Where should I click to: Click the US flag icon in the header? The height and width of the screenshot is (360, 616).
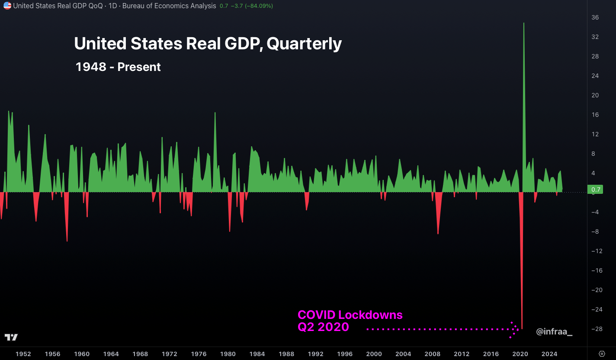(x=7, y=6)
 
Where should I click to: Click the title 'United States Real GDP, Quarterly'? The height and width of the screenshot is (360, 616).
(x=208, y=44)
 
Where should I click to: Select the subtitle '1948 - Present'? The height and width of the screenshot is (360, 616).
(x=118, y=67)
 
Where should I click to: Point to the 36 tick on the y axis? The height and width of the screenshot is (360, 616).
(x=595, y=17)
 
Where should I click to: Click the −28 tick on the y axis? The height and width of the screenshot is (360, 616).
(x=597, y=329)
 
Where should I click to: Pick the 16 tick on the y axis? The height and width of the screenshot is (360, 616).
(x=595, y=115)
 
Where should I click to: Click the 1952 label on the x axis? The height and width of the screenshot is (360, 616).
(x=23, y=354)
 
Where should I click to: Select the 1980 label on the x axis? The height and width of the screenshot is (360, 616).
(x=228, y=354)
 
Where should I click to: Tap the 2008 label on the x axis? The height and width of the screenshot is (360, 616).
(x=432, y=354)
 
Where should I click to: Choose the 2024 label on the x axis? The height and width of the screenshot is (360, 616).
(x=549, y=354)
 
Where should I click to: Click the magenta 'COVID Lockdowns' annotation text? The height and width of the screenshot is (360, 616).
(x=350, y=315)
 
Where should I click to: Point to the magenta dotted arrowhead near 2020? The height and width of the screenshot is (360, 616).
(x=515, y=329)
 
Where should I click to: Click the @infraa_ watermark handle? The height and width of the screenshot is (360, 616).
(x=554, y=332)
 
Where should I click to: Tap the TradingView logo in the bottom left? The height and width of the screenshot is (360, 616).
(x=11, y=337)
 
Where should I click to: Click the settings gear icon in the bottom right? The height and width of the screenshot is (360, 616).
(x=602, y=354)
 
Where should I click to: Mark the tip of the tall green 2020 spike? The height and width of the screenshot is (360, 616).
(x=524, y=23)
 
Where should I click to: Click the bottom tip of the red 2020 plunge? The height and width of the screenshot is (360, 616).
(x=522, y=329)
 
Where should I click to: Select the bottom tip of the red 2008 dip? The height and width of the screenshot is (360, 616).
(x=438, y=234)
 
